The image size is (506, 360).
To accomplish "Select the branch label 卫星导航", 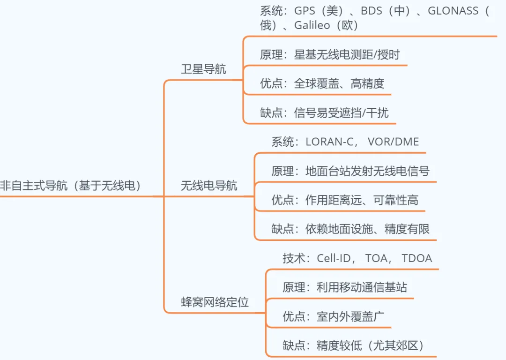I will coord(203,69).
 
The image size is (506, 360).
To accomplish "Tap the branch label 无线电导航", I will coord(209,186).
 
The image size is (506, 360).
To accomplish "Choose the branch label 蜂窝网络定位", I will coord(215,302).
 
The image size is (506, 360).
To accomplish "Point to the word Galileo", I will coord(312,25).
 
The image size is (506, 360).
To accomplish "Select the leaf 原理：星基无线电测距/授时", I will coord(330,54).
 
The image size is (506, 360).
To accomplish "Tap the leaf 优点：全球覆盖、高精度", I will coord(322,83).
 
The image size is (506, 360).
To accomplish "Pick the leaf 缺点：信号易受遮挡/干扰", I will coord(324,112).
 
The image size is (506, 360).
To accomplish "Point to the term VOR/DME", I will coord(394,142).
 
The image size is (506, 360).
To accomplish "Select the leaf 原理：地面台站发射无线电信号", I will coord(350,171).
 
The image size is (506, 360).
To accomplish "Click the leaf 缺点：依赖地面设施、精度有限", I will coord(350,229).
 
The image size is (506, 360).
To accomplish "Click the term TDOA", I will coord(417,258).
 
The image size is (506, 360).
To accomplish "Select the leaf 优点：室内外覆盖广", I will coord(333,316).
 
